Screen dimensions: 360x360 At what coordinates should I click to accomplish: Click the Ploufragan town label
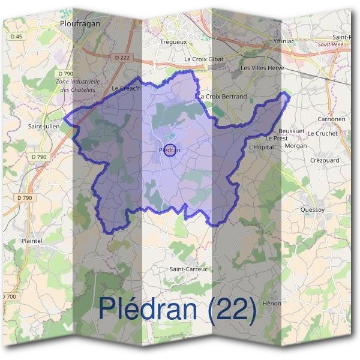tap(80, 23)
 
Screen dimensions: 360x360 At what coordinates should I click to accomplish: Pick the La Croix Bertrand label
tap(223, 96)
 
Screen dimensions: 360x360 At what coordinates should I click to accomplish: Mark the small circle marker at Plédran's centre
tap(170, 151)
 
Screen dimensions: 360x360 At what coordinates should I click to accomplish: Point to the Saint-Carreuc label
tap(188, 269)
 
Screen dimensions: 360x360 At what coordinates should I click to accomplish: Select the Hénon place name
tap(272, 304)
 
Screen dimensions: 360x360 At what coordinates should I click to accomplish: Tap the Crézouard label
tap(325, 160)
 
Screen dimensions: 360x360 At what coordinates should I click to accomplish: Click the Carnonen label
tap(331, 119)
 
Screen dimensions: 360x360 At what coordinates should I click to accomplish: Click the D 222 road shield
tap(120, 58)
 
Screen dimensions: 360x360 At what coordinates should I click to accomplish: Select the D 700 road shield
tap(8, 296)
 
